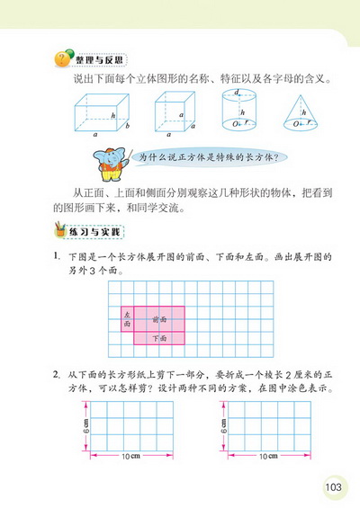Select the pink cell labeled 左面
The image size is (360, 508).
coord(127,318)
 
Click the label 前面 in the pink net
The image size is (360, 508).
coord(160,318)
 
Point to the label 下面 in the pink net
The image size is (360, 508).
coord(160,339)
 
